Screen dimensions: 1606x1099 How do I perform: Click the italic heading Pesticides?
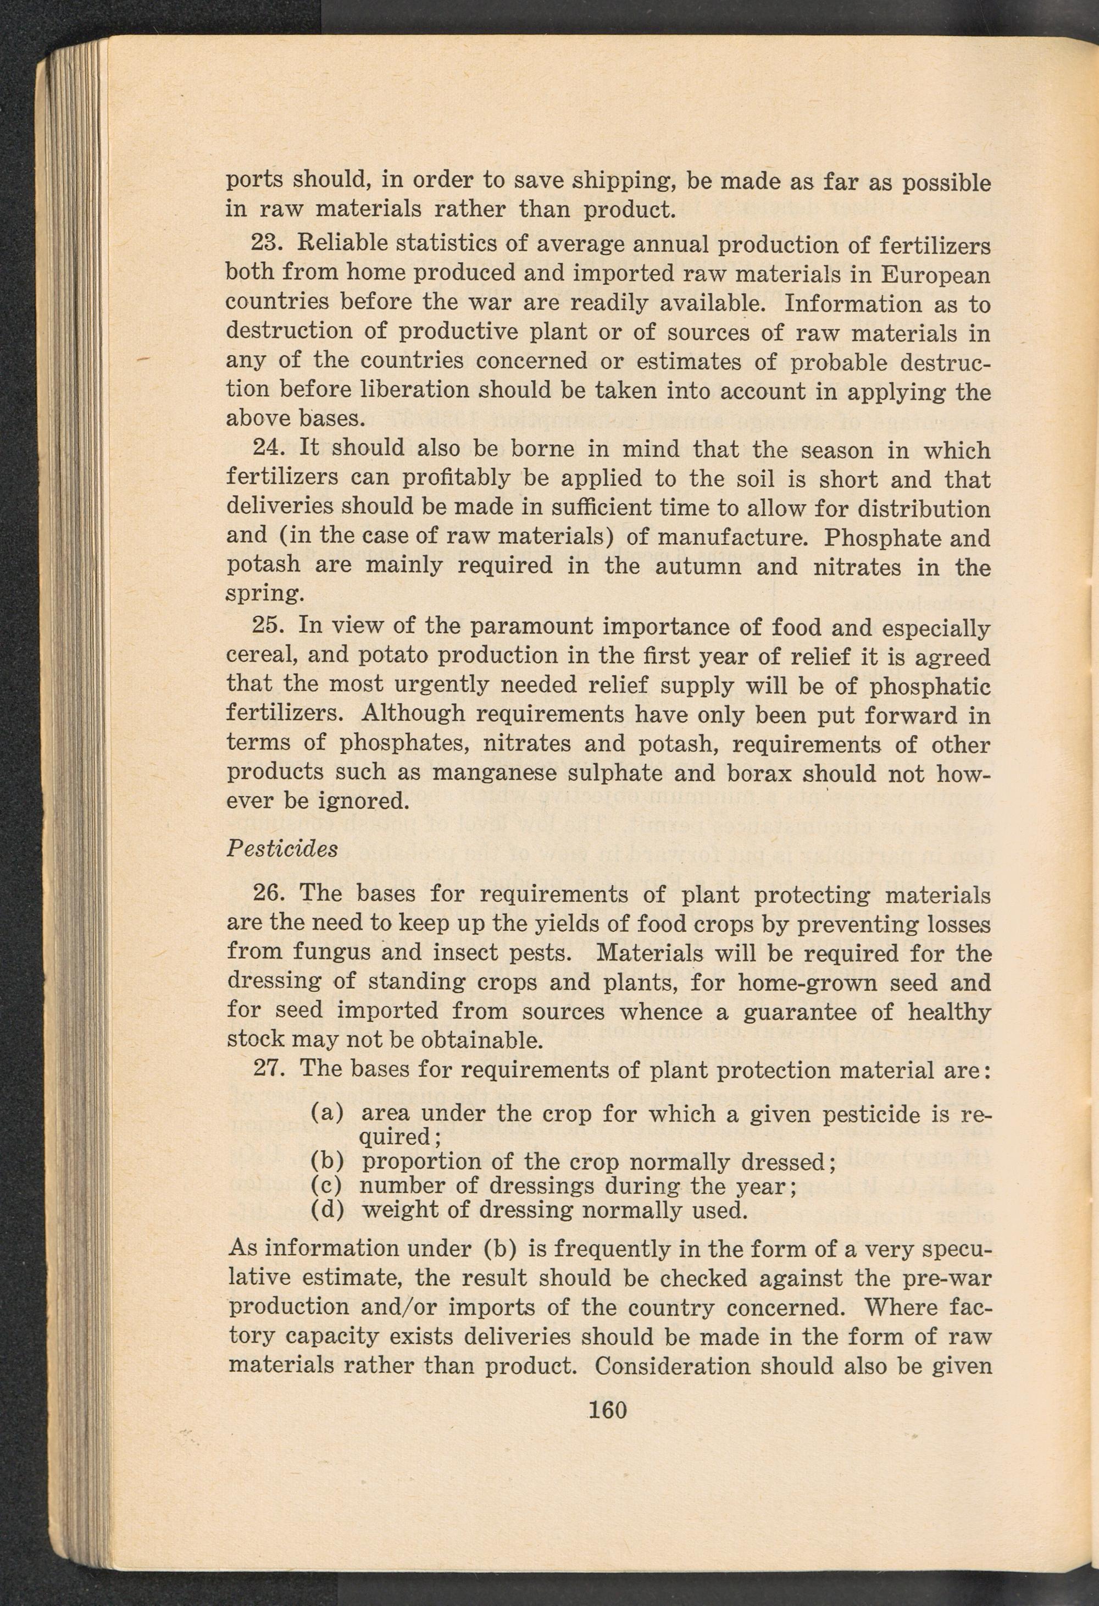point(282,848)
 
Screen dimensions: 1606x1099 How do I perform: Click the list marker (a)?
point(328,1113)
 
